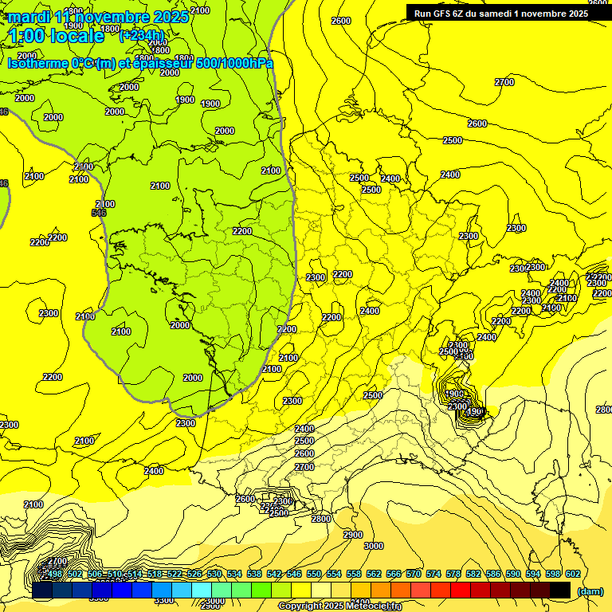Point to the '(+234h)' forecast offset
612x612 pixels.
[x=141, y=36]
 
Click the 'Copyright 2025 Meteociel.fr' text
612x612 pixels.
[x=339, y=606]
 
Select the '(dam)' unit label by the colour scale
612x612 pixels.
[x=590, y=591]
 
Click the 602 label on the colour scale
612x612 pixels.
[x=572, y=574]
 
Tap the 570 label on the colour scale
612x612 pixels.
[x=414, y=574]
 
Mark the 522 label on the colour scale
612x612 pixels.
[x=174, y=574]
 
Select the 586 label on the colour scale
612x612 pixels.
[x=493, y=574]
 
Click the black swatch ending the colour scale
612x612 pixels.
[x=560, y=590]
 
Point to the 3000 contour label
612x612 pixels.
[x=373, y=546]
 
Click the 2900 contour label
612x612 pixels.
[x=352, y=534]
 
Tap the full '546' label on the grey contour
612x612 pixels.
[x=99, y=213]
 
